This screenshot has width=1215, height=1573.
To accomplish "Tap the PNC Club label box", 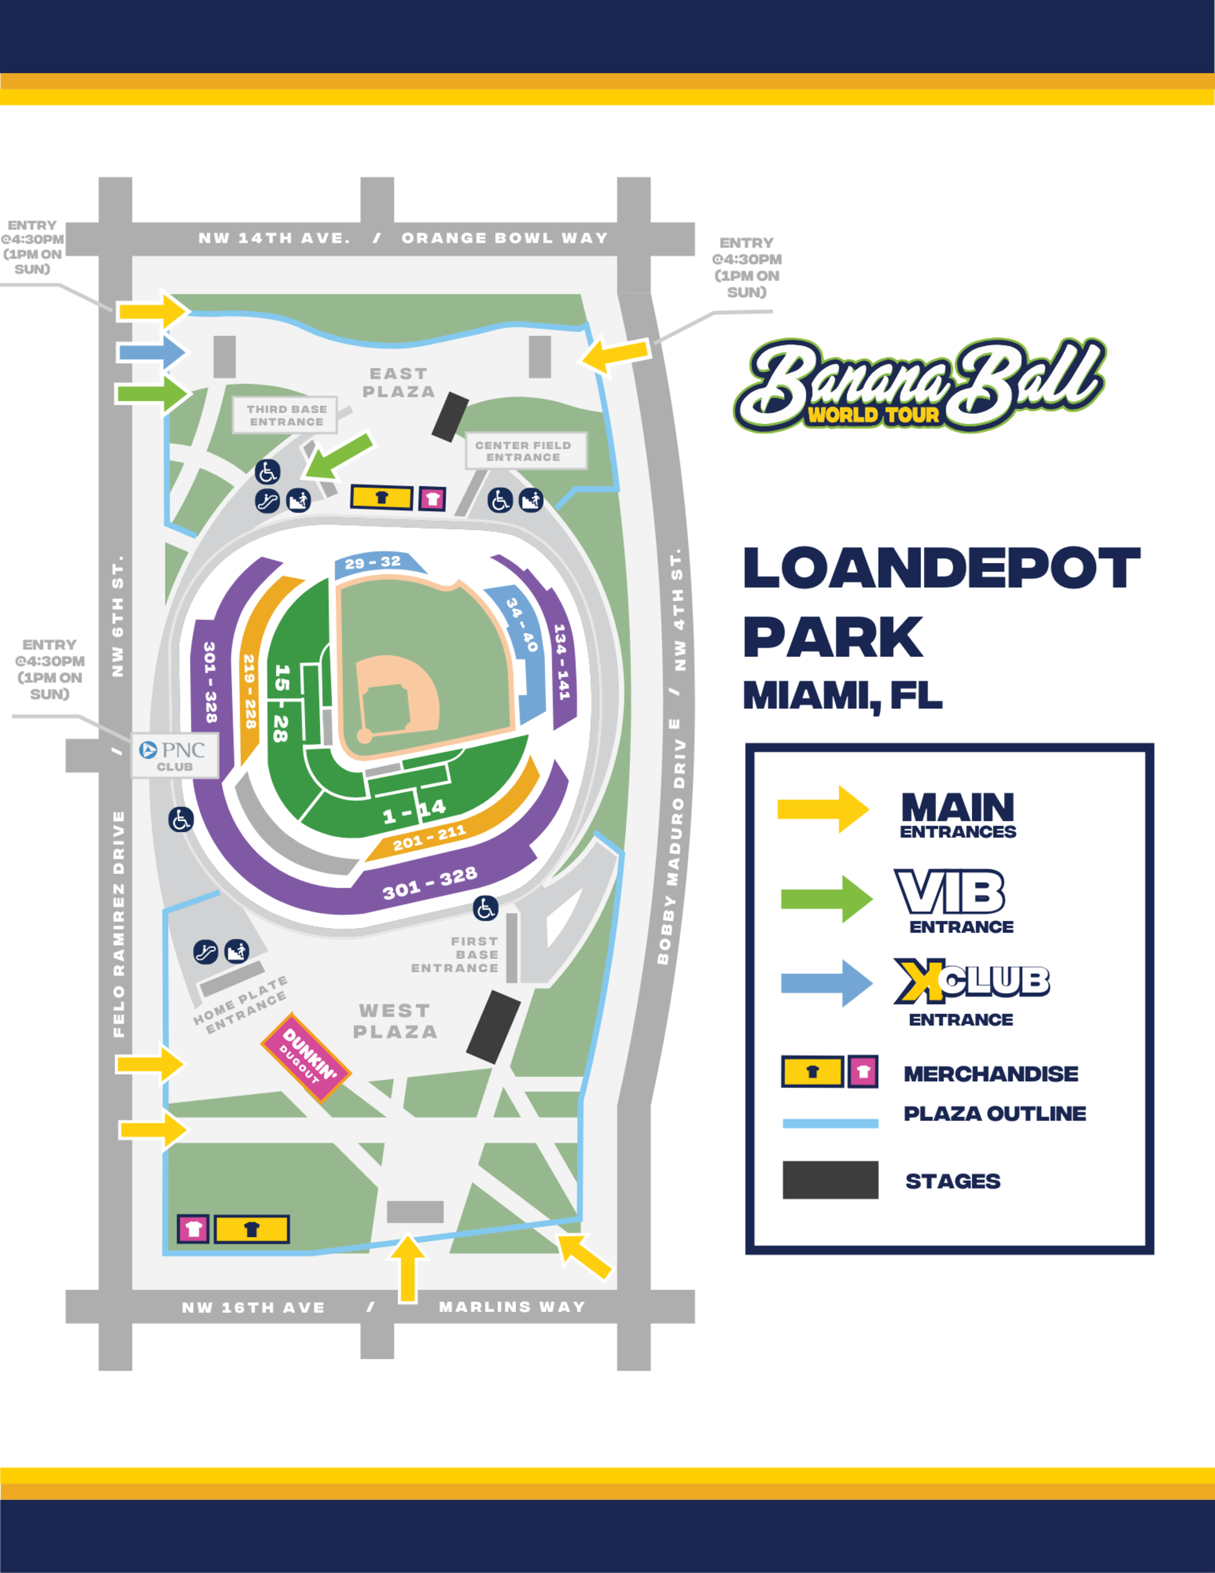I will (x=175, y=756).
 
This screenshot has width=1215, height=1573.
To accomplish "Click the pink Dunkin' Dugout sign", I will (x=306, y=1057).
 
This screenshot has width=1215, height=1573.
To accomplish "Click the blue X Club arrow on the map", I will (x=151, y=352).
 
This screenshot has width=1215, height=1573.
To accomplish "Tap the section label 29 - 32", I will (x=373, y=562).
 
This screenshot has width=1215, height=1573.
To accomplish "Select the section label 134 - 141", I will (x=562, y=661).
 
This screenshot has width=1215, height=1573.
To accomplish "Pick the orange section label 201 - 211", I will (x=430, y=838).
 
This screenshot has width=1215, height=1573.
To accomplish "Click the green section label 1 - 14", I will (x=414, y=812).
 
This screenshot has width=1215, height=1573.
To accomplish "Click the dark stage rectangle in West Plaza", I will (x=494, y=1026).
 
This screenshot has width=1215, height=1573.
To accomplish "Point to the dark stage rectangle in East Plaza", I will (x=450, y=417).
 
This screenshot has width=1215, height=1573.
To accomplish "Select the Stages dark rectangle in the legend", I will (x=830, y=1180).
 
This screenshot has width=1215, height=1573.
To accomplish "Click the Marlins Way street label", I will (x=512, y=1307).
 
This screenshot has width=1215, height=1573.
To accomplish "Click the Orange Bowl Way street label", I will (x=505, y=238).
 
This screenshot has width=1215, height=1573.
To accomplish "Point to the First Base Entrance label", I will (x=456, y=954).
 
